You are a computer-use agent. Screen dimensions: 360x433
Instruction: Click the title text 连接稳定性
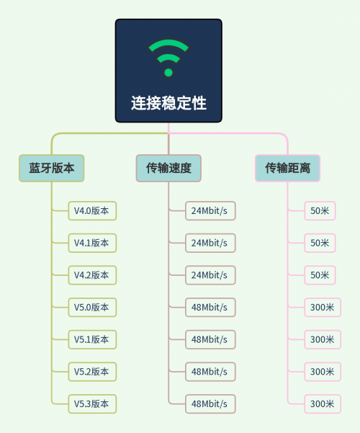pyautogui.click(x=168, y=103)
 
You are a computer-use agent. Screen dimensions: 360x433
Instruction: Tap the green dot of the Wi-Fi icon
pyautogui.click(x=168, y=72)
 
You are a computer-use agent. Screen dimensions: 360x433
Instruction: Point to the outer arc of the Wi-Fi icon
pyautogui.click(x=168, y=44)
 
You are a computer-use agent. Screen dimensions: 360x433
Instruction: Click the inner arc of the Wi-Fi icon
pyautogui.click(x=168, y=57)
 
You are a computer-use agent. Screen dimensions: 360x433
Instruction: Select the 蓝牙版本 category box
pyautogui.click(x=52, y=168)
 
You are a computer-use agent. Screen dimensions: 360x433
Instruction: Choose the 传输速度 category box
pyautogui.click(x=168, y=168)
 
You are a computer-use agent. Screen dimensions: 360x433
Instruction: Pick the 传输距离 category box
pyautogui.click(x=288, y=168)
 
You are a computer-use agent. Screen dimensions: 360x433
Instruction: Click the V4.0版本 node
pyautogui.click(x=92, y=211)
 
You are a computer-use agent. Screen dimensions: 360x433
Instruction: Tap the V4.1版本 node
pyautogui.click(x=92, y=243)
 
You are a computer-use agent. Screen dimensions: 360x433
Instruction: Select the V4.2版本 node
pyautogui.click(x=92, y=275)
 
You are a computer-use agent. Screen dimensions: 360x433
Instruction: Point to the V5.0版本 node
pyautogui.click(x=92, y=308)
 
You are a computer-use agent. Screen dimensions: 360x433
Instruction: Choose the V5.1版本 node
pyautogui.click(x=92, y=339)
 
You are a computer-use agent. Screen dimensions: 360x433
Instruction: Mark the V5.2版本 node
pyautogui.click(x=92, y=372)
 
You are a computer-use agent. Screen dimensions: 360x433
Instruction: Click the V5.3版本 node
pyautogui.click(x=92, y=404)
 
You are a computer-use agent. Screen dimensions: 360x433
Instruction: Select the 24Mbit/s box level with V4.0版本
pyautogui.click(x=210, y=211)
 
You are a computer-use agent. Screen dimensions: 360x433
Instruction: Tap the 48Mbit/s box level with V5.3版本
pyautogui.click(x=210, y=404)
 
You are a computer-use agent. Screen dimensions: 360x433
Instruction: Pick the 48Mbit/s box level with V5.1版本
pyautogui.click(x=210, y=339)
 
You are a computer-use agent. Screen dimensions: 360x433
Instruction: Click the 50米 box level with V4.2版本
pyautogui.click(x=320, y=275)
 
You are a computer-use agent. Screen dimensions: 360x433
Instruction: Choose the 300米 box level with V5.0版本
pyautogui.click(x=323, y=308)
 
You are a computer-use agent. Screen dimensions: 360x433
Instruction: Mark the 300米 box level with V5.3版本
pyautogui.click(x=323, y=404)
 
